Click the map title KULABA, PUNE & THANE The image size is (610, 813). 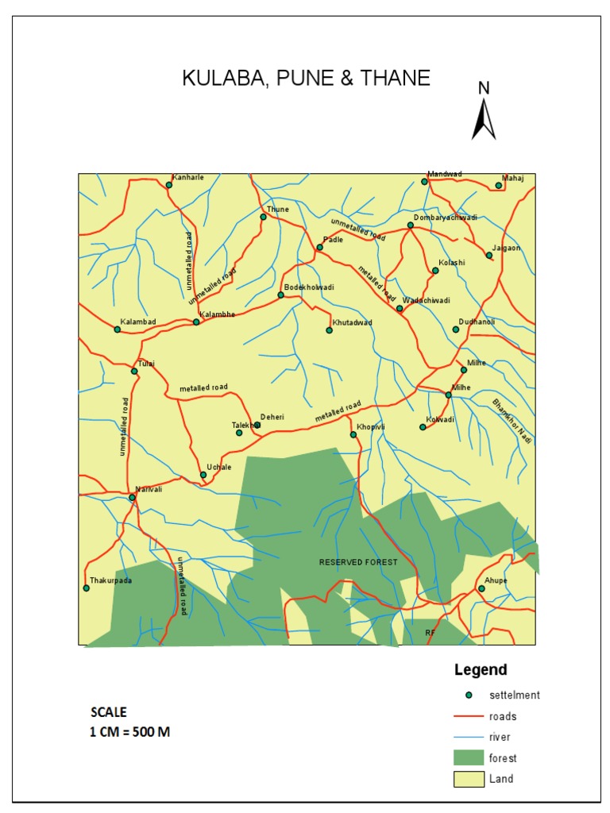tap(306, 78)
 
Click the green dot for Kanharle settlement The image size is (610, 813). tap(169, 185)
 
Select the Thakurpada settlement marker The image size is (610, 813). tap(86, 588)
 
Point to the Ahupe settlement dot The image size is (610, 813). tap(481, 588)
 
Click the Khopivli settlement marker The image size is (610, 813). tap(353, 434)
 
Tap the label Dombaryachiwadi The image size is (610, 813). tap(446, 218)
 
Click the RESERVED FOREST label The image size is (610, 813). tap(357, 562)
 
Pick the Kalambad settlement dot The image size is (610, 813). tap(118, 329)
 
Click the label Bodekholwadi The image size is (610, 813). tap(310, 287)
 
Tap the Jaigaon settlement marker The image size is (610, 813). tap(489, 256)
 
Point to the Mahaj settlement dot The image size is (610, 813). tap(499, 186)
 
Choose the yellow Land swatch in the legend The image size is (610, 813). tap(469, 779)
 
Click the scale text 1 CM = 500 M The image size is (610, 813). tap(129, 732)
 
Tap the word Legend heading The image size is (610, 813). tap(481, 670)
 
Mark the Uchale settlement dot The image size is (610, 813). tap(203, 475)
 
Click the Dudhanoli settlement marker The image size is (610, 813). tap(456, 329)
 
